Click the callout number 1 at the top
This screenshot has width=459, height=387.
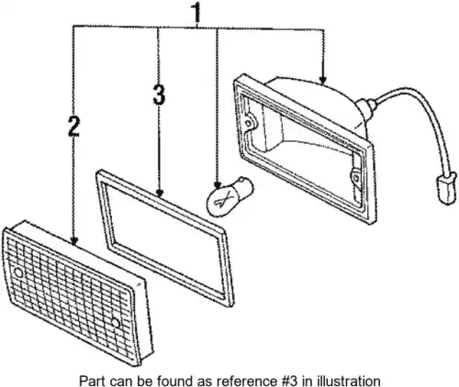click(x=196, y=13)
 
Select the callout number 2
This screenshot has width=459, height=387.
click(x=73, y=126)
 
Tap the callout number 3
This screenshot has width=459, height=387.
click(x=159, y=95)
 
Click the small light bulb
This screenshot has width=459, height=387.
click(x=229, y=195)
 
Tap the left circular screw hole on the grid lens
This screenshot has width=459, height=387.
click(x=18, y=272)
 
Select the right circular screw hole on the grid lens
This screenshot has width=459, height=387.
click(x=115, y=322)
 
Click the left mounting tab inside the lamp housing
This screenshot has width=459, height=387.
click(x=250, y=122)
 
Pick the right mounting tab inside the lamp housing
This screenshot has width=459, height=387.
click(x=355, y=177)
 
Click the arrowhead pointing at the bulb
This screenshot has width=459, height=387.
click(x=218, y=185)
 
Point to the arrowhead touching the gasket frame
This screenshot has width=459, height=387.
click(x=159, y=193)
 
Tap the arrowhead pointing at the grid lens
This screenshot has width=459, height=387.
click(x=73, y=241)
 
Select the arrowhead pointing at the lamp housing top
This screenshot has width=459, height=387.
click(x=322, y=81)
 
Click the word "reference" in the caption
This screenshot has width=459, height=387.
click(x=245, y=381)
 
